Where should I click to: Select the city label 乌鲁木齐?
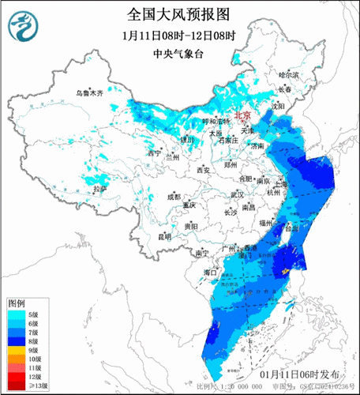(89, 92)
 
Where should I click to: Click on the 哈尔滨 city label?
(291, 74)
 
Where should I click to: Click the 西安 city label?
(202, 170)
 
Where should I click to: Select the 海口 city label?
(210, 271)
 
